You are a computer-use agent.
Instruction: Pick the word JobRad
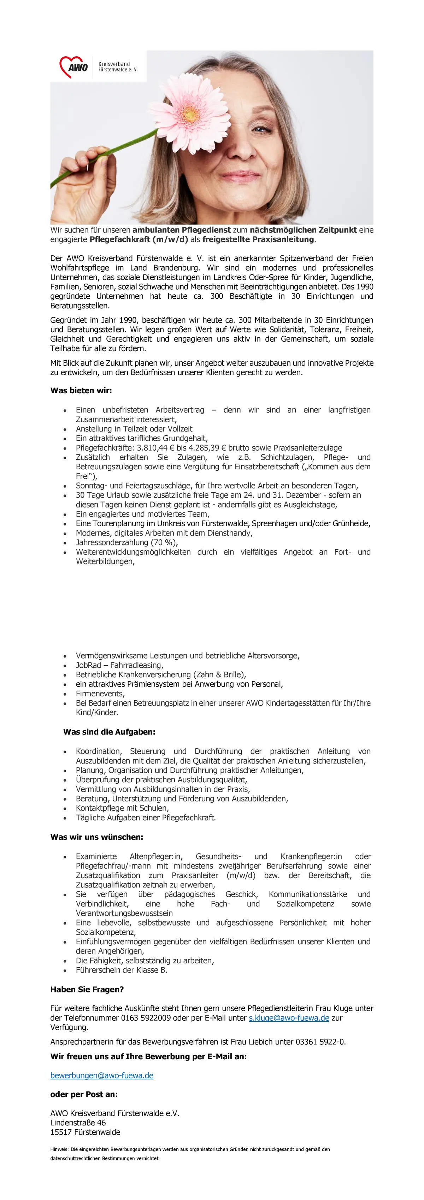(88, 665)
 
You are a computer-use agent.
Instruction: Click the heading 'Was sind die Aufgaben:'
(109, 732)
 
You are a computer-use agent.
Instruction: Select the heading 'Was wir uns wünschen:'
(97, 837)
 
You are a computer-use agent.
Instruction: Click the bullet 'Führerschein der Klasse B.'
(122, 970)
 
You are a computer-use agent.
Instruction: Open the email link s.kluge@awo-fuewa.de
(289, 1018)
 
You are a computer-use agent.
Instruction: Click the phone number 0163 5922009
(146, 1018)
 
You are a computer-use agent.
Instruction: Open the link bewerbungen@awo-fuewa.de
(102, 1075)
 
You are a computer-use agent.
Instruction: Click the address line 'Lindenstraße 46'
(78, 1123)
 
